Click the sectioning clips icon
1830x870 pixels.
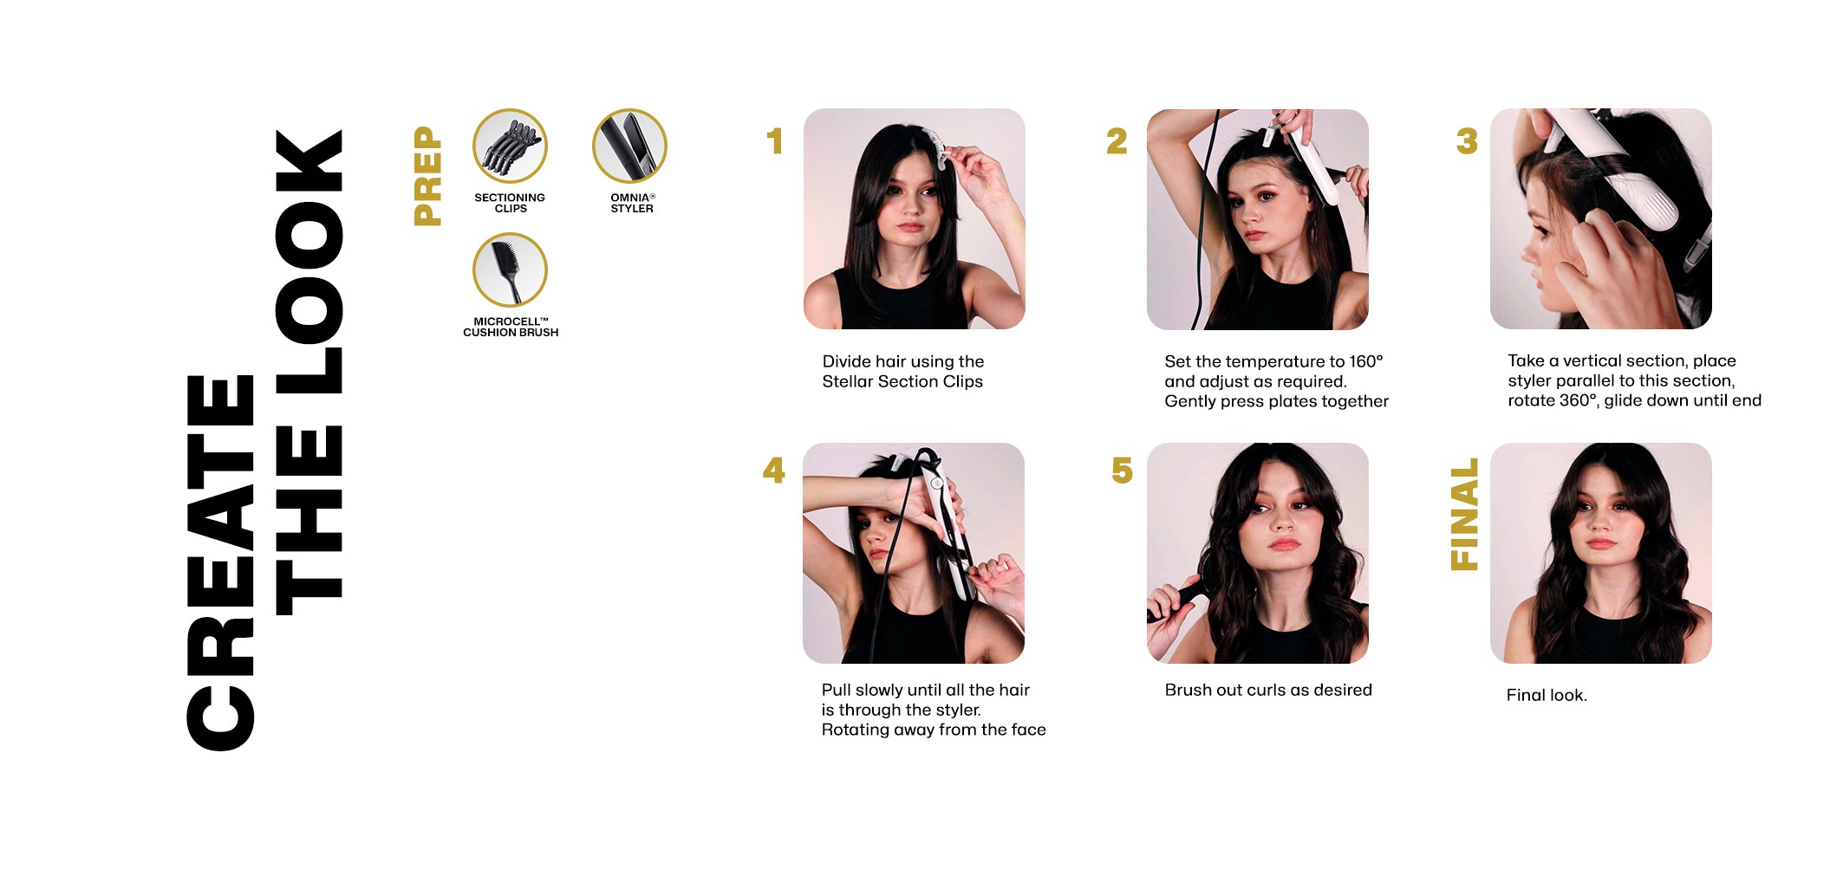510,146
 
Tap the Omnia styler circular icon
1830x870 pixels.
629,146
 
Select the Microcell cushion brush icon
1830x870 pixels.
510,269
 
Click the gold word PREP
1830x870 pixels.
428,176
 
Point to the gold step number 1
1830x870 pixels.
775,141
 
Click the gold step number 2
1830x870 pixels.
1117,141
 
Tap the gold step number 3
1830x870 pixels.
1467,141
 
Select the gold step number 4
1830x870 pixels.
774,471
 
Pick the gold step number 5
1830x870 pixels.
1123,471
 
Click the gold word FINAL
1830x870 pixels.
1464,515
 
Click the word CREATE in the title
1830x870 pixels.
220,562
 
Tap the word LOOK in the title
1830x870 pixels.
309,261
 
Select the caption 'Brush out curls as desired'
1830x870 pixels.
1268,690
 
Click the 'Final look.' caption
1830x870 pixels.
1547,695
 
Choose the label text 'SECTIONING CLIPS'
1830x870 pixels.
510,203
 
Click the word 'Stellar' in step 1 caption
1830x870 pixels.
848,381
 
